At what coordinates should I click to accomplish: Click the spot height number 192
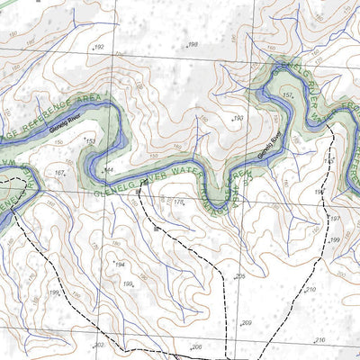[x=98, y=47]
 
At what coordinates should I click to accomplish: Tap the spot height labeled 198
[x=192, y=44]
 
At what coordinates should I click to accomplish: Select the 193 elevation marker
[x=238, y=118]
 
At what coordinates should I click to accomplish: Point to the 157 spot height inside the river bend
[x=288, y=94]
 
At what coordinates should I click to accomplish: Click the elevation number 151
[x=90, y=141]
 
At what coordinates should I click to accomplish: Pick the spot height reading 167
[x=59, y=172]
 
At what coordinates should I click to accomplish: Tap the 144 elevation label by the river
[x=109, y=169]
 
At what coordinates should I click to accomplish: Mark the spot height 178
[x=178, y=203]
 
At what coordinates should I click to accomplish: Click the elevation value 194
[x=119, y=264]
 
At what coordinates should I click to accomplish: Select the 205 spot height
[x=239, y=276]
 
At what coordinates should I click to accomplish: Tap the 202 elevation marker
[x=99, y=345]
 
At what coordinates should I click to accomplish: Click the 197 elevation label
[x=334, y=219]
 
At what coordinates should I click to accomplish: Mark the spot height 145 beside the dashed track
[x=328, y=159]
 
